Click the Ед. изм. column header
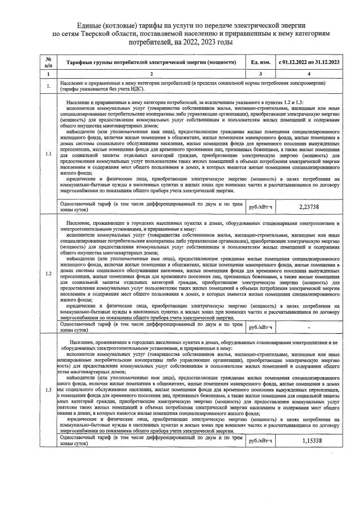tap(260, 62)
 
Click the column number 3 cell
tap(260, 74)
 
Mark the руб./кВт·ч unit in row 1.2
tap(260, 327)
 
